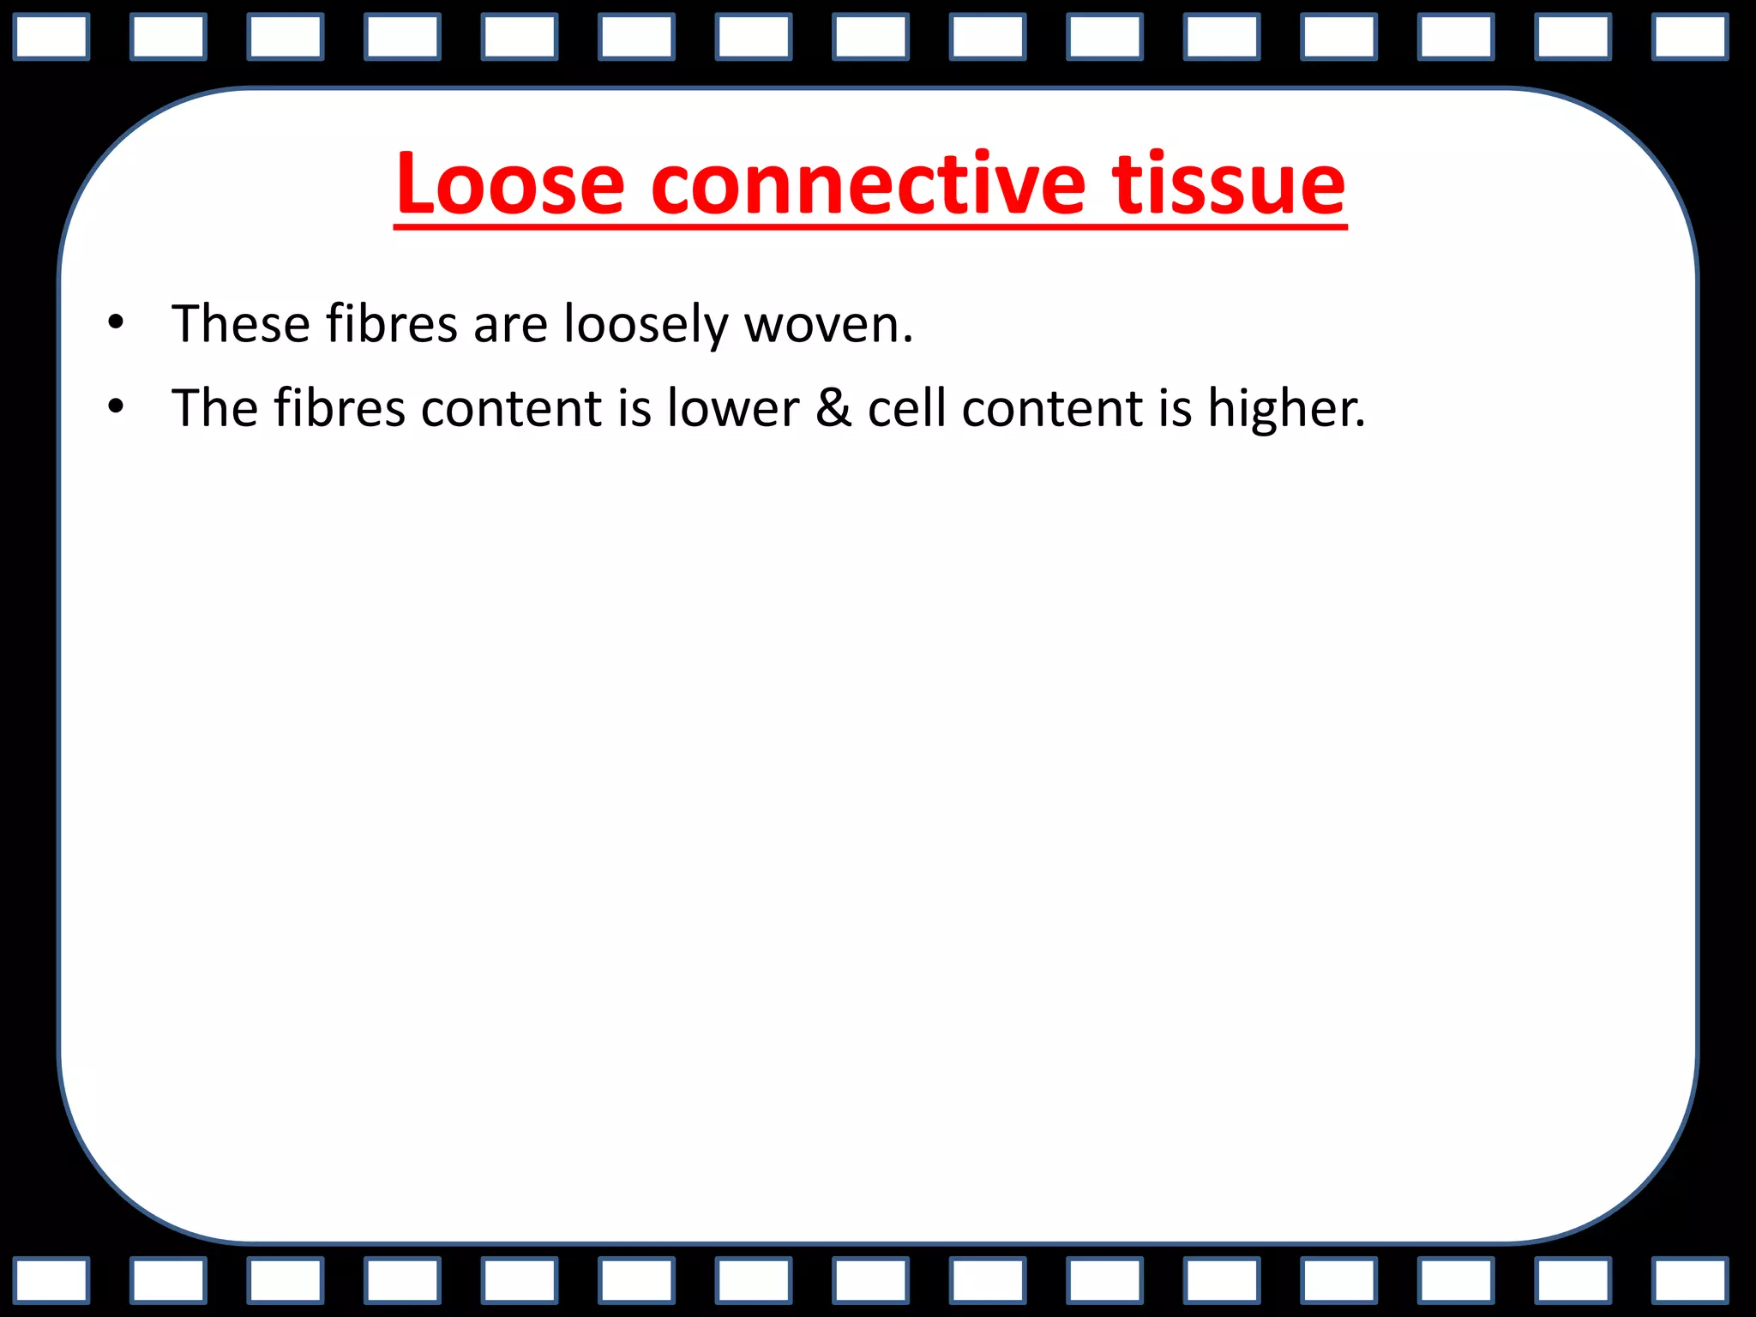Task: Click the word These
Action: [241, 324]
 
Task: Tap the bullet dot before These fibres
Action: [116, 323]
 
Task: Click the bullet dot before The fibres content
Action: [116, 406]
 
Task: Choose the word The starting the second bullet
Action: [215, 407]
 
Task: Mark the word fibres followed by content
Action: [340, 407]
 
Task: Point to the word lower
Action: [733, 407]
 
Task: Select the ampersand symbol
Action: [833, 407]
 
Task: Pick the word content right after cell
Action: [1052, 407]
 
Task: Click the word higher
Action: [1286, 409]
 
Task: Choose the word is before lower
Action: [634, 407]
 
